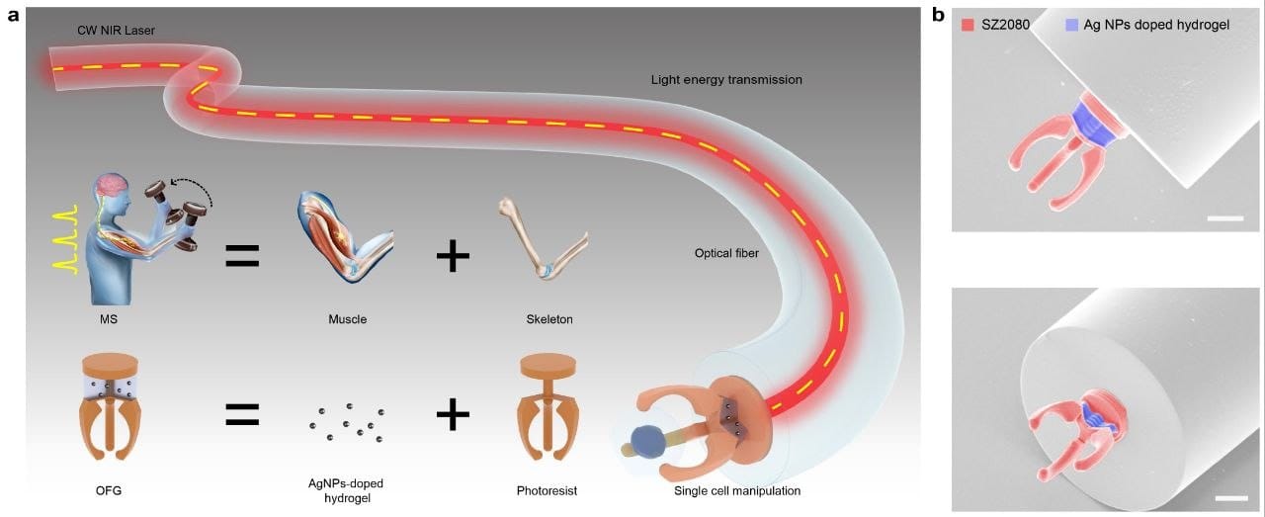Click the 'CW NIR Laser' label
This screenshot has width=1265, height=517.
116,31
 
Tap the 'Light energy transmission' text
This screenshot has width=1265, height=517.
726,80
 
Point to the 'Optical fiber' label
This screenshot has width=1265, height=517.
726,253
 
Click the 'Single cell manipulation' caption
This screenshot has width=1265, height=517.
737,491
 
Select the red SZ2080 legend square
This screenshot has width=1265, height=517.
968,25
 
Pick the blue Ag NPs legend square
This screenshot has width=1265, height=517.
1071,25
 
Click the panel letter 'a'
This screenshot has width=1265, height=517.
13,15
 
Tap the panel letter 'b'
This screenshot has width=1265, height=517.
938,15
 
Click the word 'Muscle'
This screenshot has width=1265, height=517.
347,319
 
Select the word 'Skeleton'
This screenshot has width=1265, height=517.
549,319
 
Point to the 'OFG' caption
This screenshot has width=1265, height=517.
109,491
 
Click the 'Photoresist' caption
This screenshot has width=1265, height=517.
547,491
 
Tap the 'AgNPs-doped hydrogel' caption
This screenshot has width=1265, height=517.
346,490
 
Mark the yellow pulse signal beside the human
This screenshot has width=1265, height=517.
62,240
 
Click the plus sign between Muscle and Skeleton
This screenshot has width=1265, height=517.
453,256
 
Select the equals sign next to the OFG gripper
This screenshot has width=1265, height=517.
242,415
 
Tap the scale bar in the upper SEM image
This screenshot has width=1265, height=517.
1225,218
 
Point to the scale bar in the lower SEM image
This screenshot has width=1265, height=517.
1231,498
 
